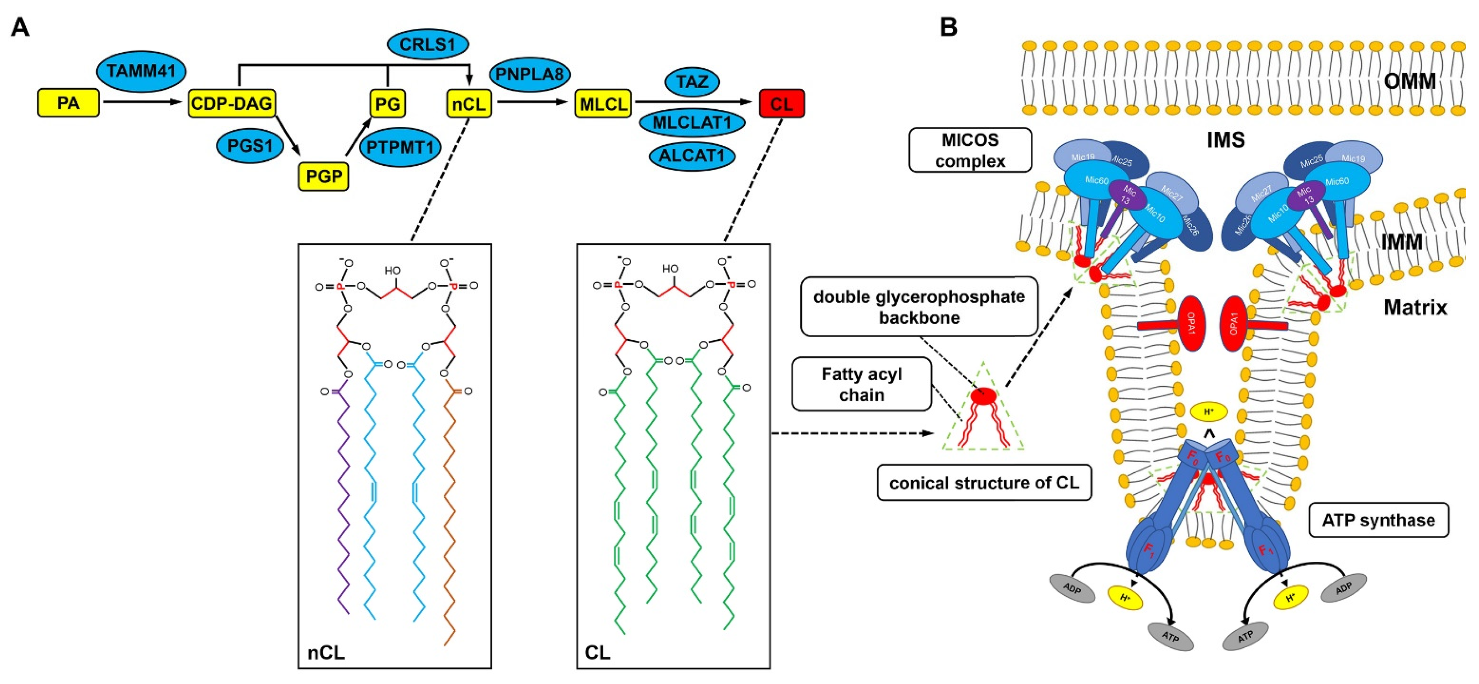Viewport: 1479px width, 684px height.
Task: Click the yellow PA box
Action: [68, 103]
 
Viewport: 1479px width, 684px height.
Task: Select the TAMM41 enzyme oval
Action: [141, 71]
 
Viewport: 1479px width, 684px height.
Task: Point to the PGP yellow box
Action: [323, 176]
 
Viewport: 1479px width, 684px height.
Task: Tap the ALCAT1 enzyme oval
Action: [692, 156]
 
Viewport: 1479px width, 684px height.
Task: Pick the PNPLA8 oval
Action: [529, 74]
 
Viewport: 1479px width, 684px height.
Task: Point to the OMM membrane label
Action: [1410, 81]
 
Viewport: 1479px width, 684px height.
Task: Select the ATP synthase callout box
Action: [1378, 520]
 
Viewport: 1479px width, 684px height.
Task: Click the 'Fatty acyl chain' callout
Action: [861, 384]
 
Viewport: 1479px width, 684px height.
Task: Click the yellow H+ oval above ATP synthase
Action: [1208, 412]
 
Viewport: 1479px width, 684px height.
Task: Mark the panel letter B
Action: [949, 27]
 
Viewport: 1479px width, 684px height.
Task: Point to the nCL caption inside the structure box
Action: [326, 653]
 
